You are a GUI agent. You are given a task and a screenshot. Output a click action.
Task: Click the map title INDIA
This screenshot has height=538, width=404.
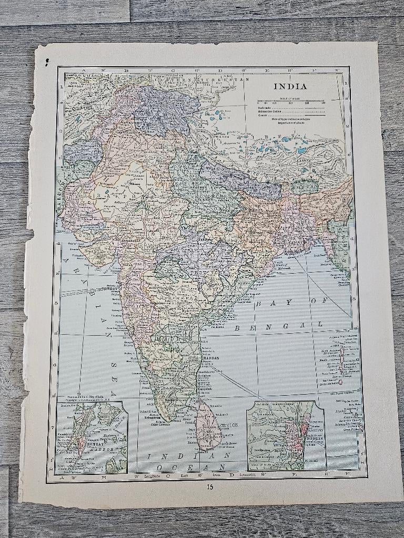point(289,87)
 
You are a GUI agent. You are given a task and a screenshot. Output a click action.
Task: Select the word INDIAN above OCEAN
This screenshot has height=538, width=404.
point(189,455)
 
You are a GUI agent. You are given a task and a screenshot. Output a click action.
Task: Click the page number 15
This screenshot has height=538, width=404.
point(210,485)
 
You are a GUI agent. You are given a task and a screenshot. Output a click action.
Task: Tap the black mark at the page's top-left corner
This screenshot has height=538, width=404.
point(47,63)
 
